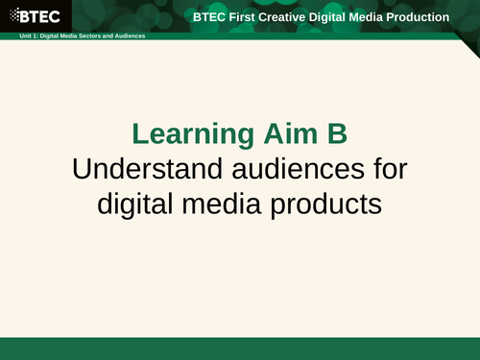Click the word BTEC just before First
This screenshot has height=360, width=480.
[208, 17]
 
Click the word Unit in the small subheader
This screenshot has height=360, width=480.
[11, 36]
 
